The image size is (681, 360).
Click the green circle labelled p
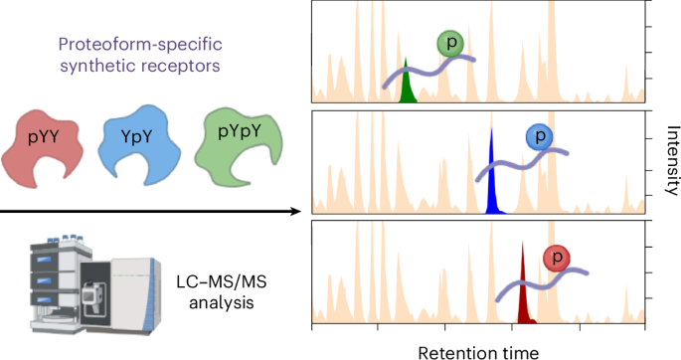(x=450, y=44)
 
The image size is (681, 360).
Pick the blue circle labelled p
(x=540, y=136)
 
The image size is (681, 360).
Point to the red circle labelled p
(x=557, y=258)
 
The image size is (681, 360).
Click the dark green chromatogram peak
(x=407, y=87)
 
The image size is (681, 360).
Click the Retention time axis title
(x=478, y=353)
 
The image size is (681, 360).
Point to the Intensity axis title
(x=672, y=160)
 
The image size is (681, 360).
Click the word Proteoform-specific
(x=140, y=45)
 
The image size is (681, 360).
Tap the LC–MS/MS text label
(x=222, y=282)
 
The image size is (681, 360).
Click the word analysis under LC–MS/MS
(x=222, y=302)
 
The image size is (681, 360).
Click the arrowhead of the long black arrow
(x=296, y=212)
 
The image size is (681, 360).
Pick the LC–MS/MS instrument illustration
(x=95, y=284)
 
